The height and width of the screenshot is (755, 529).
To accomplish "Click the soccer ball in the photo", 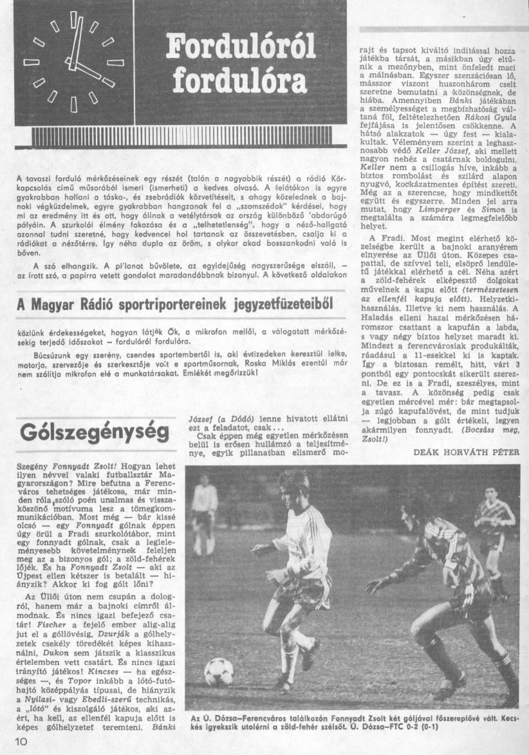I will pyautogui.click(x=219, y=671).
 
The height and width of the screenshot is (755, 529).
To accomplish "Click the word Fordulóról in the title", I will pyautogui.click(x=241, y=47).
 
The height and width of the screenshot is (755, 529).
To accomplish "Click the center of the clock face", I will pyautogui.click(x=73, y=62).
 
